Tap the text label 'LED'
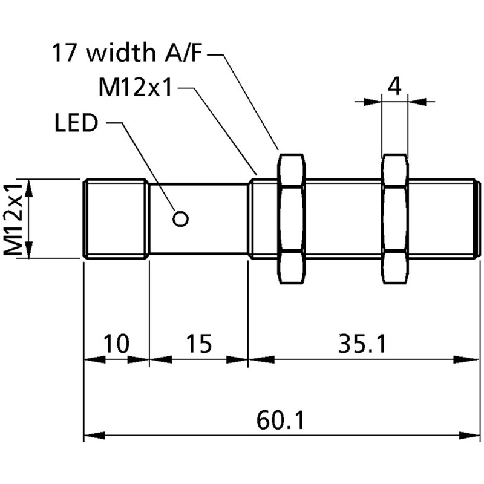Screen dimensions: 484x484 (76, 123)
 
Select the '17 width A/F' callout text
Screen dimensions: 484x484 (129, 54)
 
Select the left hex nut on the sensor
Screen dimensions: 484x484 (292, 219)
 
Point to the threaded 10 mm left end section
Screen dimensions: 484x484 (116, 219)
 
